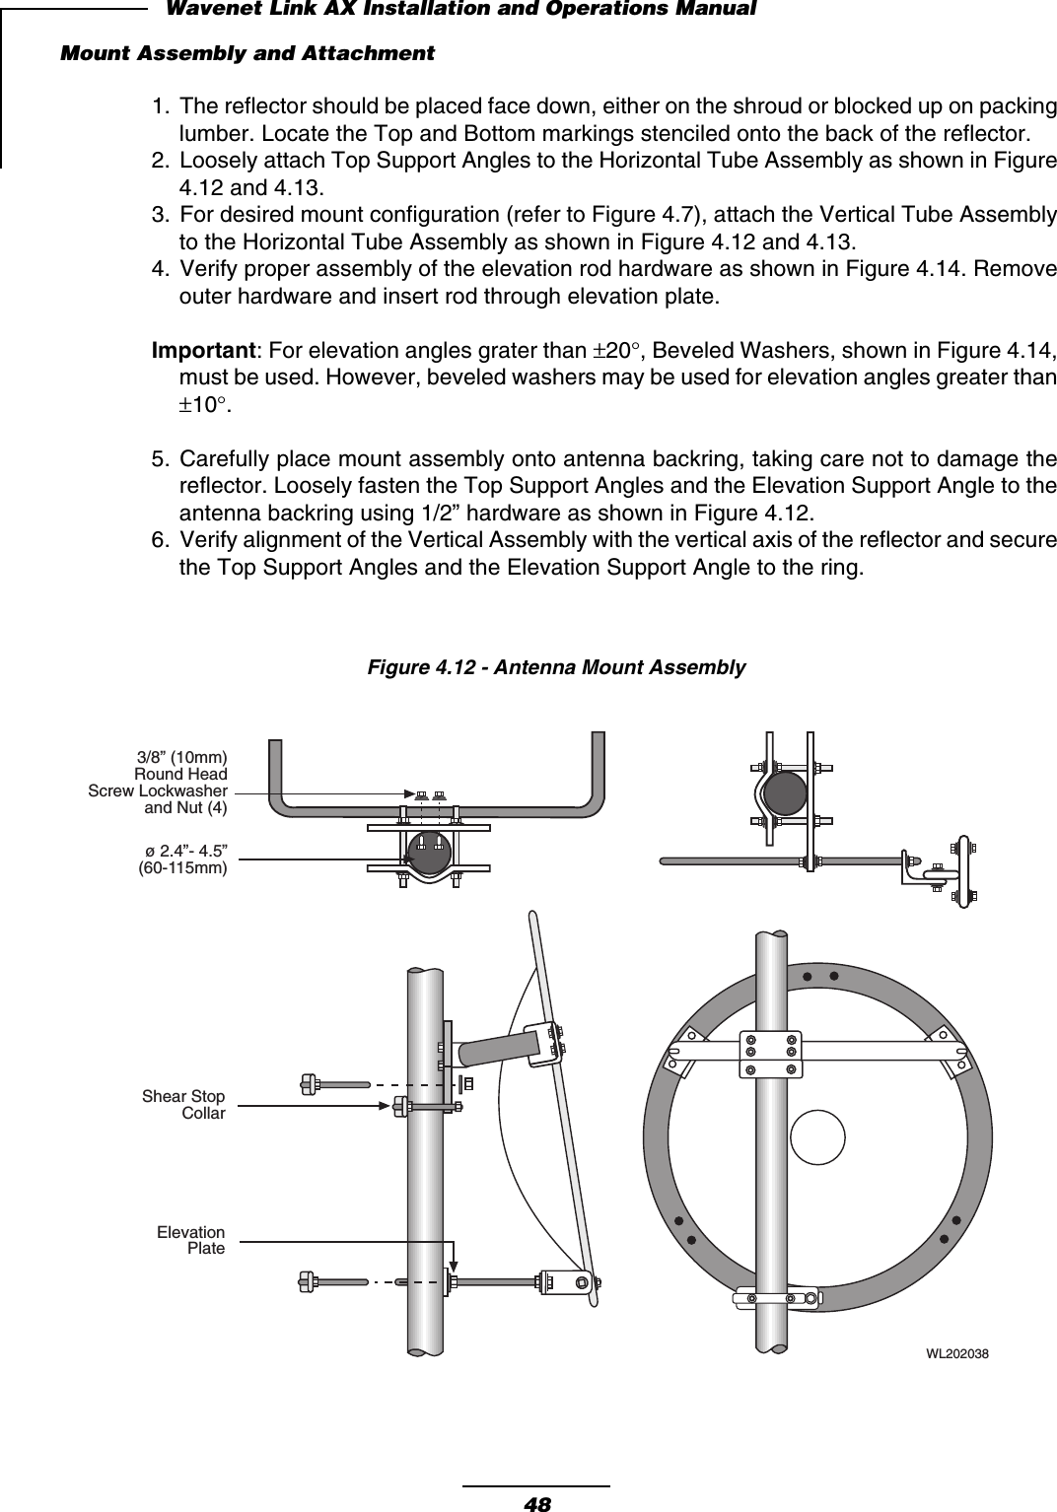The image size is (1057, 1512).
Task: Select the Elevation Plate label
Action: pyautogui.click(x=190, y=1240)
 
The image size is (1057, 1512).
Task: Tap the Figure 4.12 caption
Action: pyautogui.click(x=556, y=668)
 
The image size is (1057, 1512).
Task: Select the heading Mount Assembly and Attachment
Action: pyautogui.click(x=247, y=52)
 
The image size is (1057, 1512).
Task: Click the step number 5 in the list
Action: pyautogui.click(x=158, y=461)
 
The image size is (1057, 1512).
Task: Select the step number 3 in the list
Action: pyautogui.click(x=158, y=215)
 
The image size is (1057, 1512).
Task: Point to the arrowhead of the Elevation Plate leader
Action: pyautogui.click(x=453, y=1267)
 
